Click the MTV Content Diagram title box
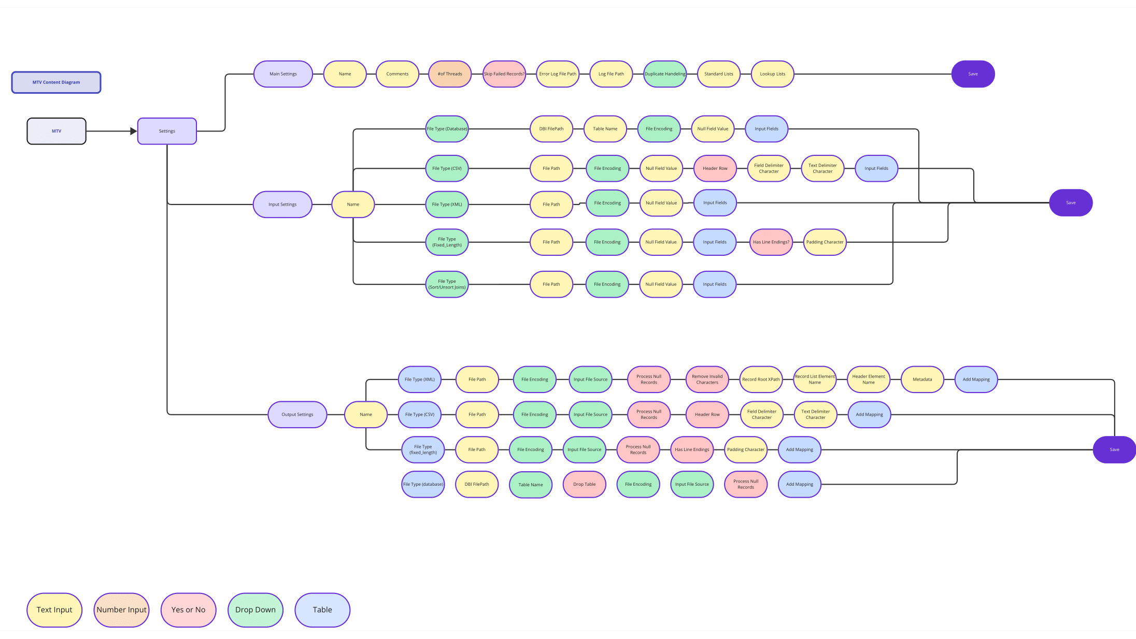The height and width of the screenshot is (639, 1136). (x=56, y=82)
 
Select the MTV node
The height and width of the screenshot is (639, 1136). (x=56, y=131)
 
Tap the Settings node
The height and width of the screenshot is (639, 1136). (x=167, y=131)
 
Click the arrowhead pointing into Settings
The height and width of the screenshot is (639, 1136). (x=133, y=131)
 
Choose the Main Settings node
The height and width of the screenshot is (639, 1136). (x=283, y=74)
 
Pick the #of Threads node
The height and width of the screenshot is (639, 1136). (x=450, y=74)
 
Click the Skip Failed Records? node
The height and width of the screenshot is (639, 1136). (x=504, y=74)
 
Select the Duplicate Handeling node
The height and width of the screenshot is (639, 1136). (x=665, y=74)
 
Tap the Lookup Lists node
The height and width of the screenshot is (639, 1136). (x=772, y=74)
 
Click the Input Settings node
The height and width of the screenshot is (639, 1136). (x=282, y=205)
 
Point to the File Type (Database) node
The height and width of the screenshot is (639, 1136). (x=447, y=129)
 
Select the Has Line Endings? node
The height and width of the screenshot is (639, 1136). (x=771, y=242)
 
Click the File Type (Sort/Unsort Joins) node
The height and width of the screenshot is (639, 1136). (x=447, y=284)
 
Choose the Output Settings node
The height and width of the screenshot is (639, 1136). (x=297, y=415)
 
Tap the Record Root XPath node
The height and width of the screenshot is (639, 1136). (x=761, y=380)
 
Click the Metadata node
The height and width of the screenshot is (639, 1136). (x=922, y=380)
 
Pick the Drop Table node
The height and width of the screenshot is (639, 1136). (x=584, y=485)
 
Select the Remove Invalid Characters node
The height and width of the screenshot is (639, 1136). (x=707, y=380)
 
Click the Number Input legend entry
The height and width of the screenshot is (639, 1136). (x=121, y=610)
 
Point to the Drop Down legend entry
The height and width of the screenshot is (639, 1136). (x=255, y=610)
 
